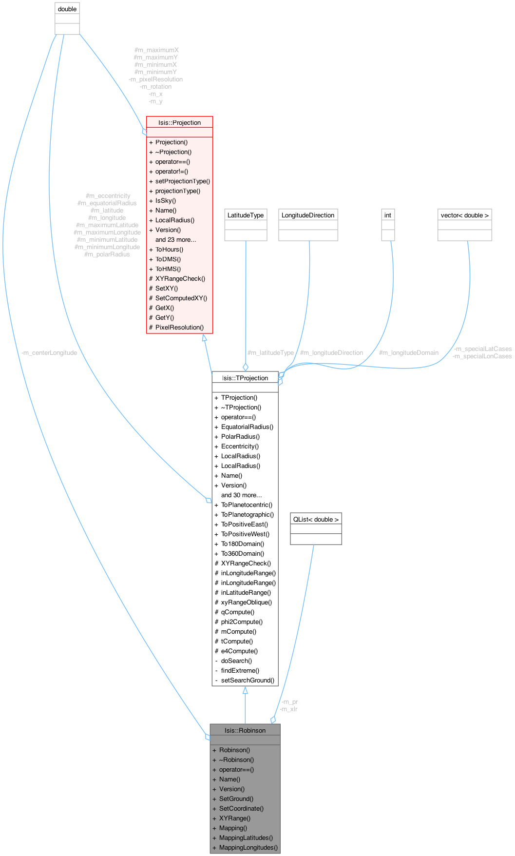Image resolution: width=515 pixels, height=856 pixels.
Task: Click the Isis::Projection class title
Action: (179, 122)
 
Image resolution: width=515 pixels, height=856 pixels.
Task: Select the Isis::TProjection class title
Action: (245, 378)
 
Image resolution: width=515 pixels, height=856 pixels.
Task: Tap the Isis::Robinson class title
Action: (245, 730)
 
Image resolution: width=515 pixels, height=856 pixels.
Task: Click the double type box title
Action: (67, 9)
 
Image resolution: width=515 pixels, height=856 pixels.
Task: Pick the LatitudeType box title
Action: (246, 215)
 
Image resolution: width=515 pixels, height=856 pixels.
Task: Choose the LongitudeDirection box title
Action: (308, 215)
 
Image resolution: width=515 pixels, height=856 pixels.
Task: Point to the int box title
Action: (388, 215)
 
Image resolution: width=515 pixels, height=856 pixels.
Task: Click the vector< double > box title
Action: (465, 215)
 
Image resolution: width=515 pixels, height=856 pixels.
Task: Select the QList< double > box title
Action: (316, 519)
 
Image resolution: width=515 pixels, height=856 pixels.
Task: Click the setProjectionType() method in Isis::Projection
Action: (182, 181)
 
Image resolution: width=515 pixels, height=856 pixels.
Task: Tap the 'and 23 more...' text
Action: (175, 239)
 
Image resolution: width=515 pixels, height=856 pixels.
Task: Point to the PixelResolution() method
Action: (179, 327)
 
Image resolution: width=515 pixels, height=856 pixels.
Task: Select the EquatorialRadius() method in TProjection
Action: (247, 427)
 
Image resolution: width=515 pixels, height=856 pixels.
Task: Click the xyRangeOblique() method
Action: (247, 602)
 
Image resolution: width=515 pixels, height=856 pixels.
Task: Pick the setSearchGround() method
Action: (248, 680)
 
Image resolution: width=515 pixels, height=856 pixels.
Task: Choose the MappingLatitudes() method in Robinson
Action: (246, 837)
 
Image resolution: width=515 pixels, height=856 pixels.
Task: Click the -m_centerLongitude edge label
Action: (49, 352)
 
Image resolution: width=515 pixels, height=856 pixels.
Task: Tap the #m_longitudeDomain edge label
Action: (408, 352)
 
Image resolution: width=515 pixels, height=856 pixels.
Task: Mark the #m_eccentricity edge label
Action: (108, 195)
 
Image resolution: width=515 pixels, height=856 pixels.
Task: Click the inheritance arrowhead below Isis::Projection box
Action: (205, 337)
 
